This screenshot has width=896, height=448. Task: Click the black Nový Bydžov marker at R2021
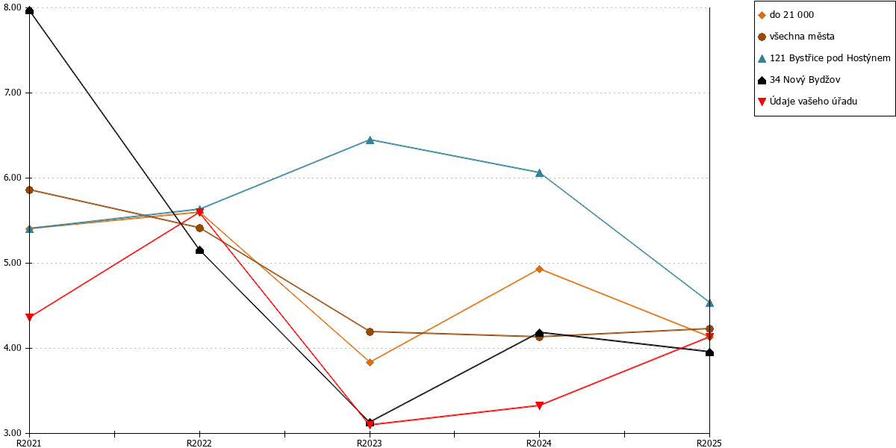(x=29, y=10)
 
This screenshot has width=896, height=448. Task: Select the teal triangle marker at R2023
(x=370, y=140)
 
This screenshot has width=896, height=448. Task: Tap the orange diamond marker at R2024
(x=539, y=270)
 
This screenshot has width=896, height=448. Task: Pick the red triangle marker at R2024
(x=539, y=405)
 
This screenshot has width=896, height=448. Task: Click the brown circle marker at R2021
(x=29, y=190)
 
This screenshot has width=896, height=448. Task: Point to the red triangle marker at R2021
(x=29, y=317)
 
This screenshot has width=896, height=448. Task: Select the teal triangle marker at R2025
(x=709, y=303)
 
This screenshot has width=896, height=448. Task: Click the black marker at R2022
(x=199, y=250)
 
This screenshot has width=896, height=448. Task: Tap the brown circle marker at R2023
(x=370, y=332)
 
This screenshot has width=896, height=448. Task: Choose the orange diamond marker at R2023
(x=370, y=362)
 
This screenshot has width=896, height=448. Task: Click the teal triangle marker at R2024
(x=539, y=172)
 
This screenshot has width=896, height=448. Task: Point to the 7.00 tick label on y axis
(x=13, y=93)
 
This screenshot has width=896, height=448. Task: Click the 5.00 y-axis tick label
(x=13, y=263)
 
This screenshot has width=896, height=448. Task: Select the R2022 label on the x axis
(x=199, y=444)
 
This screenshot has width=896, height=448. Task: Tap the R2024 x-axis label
(x=539, y=444)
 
